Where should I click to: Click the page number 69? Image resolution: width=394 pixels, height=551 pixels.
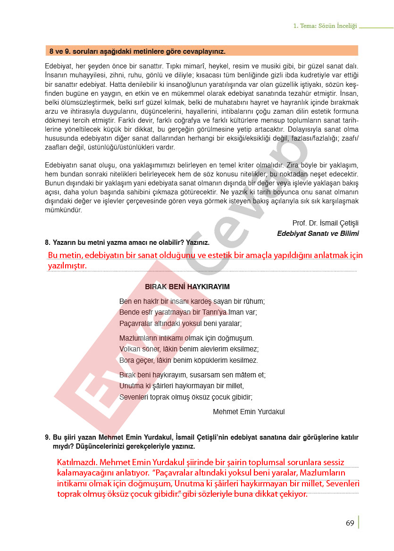pos(350,523)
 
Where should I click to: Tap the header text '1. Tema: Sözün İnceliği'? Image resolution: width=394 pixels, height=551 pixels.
pos(325,26)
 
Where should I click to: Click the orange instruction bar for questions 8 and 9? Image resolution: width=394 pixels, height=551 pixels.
pos(201,51)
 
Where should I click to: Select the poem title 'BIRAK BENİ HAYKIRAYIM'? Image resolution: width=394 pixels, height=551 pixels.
pos(187,287)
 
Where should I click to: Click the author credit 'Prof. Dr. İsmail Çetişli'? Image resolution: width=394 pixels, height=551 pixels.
pos(326,223)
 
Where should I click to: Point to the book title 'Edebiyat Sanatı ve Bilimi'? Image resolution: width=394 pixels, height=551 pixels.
pos(318,233)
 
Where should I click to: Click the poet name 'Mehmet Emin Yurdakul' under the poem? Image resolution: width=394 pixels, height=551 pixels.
pos(249,412)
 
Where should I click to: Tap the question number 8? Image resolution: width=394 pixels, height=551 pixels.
pos(47,242)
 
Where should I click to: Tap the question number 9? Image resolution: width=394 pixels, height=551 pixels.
pos(47,437)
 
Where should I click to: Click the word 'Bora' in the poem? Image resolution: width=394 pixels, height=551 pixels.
pos(126,360)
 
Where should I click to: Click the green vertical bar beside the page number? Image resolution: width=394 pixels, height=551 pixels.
pos(359,522)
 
